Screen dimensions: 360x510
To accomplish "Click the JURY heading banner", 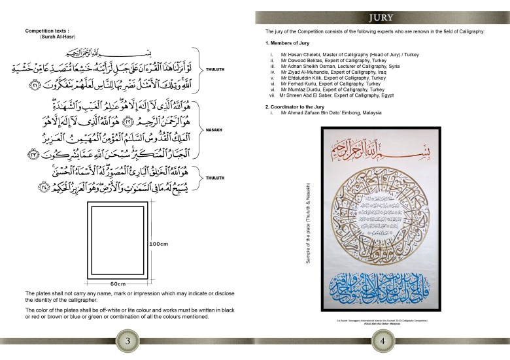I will coord(381,18).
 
